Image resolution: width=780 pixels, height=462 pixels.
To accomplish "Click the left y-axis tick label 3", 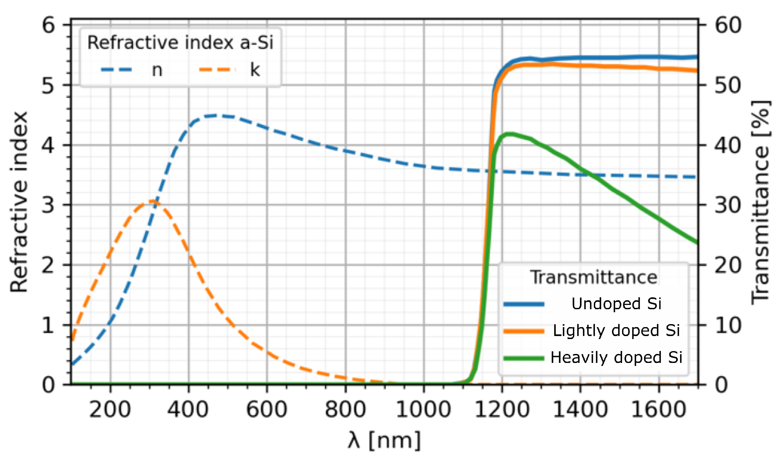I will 48,205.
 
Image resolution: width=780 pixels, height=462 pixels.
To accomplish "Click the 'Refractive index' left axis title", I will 19,202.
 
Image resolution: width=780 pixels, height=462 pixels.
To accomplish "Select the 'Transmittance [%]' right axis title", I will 760,202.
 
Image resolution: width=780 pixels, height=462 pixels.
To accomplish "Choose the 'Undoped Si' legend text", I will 616,304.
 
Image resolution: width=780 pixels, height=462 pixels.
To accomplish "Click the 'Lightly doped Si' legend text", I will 616,330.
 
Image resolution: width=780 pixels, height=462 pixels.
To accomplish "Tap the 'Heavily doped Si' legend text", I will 616,358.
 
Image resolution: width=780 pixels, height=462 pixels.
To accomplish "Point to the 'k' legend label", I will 255,70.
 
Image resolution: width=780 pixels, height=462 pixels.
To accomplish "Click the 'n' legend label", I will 157,70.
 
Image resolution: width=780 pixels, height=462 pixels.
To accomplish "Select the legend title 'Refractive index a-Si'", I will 180,42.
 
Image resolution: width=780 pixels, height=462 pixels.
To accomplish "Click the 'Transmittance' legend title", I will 594,277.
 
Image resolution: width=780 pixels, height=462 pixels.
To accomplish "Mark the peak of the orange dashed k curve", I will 153,201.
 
